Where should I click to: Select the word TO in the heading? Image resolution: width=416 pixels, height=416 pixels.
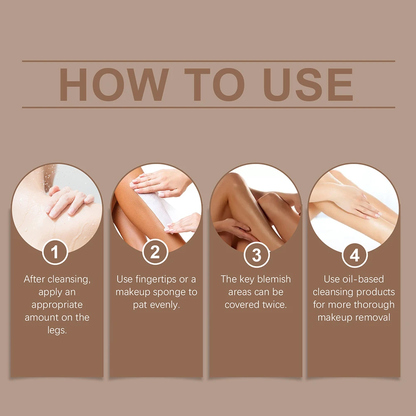(214, 85)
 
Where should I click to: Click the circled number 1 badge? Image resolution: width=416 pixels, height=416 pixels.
(55, 252)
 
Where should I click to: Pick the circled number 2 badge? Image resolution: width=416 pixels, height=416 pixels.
(155, 252)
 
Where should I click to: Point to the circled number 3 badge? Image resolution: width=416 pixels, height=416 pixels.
(256, 255)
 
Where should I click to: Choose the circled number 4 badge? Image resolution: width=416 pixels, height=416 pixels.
(355, 255)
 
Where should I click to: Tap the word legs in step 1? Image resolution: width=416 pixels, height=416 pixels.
(56, 330)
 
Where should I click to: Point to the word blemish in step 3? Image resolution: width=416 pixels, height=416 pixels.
(274, 279)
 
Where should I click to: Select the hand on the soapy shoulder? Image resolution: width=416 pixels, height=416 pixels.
(69, 202)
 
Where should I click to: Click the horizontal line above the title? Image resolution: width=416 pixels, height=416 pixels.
(209, 61)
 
